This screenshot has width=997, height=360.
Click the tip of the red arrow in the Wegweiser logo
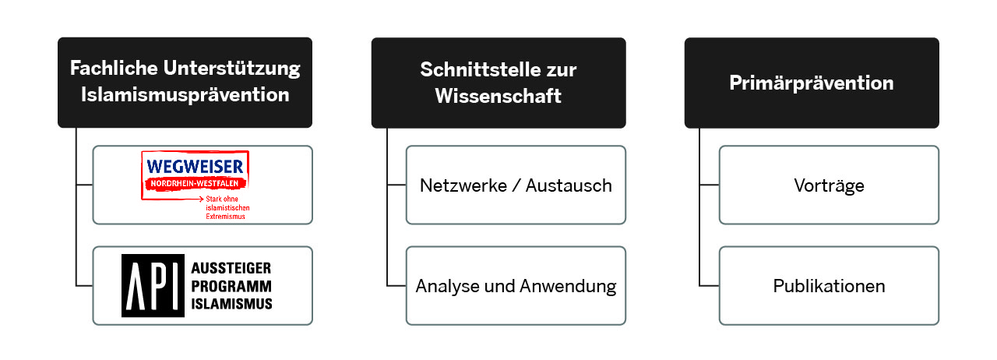pyautogui.click(x=203, y=199)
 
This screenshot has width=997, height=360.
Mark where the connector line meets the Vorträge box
pyautogui.click(x=719, y=185)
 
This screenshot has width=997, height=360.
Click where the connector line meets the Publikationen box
pyautogui.click(x=719, y=286)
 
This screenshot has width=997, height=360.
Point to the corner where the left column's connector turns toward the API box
pyautogui.click(x=76, y=286)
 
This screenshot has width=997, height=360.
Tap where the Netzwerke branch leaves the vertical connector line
pyautogui.click(x=387, y=185)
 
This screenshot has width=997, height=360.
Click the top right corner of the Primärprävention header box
pyautogui.click(x=939, y=38)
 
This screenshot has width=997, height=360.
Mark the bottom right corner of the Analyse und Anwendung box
pyautogui.click(x=625, y=325)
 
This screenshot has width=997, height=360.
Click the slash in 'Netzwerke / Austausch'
pyautogui.click(x=516, y=185)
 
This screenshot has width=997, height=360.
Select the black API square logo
pyautogui.click(x=153, y=286)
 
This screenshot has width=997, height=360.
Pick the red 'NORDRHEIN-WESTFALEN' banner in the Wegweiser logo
pyautogui.click(x=195, y=184)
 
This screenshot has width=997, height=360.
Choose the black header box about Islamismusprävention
pyautogui.click(x=185, y=83)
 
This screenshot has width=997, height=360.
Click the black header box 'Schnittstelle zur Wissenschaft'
pyautogui.click(x=498, y=83)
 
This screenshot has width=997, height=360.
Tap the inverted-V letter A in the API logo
pyautogui.click(x=136, y=286)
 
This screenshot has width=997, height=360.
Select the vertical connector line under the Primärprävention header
pyautogui.click(x=699, y=207)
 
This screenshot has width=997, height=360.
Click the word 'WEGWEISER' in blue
pyautogui.click(x=195, y=167)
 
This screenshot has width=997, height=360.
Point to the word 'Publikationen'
pyautogui.click(x=829, y=286)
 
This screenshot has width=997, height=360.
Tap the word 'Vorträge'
pyautogui.click(x=829, y=185)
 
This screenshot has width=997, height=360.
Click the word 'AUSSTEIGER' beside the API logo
pyautogui.click(x=231, y=268)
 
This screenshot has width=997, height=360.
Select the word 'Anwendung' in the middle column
pyautogui.click(x=568, y=287)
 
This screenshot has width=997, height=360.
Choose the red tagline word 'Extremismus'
pyautogui.click(x=225, y=217)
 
